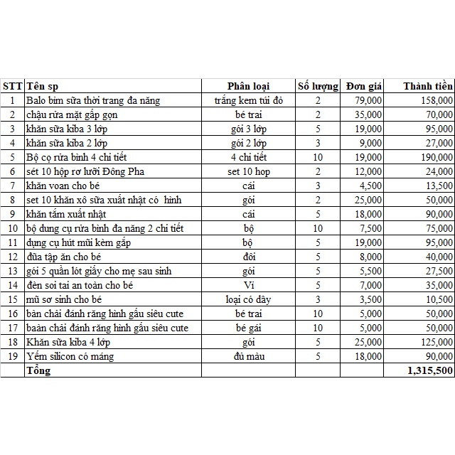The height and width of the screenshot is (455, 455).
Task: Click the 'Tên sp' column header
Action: pos(43,86)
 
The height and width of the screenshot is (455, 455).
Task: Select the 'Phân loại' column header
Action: pos(248,86)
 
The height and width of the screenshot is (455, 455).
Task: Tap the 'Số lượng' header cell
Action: pos(318,86)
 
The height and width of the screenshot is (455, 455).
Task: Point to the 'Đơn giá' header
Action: pos(364,86)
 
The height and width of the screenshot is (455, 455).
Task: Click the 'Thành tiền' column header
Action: pos(427,86)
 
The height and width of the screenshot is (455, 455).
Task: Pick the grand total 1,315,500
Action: pos(430,370)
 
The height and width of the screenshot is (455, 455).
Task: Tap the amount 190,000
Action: pos(435,157)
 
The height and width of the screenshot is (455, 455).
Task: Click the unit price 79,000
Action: pos(368,100)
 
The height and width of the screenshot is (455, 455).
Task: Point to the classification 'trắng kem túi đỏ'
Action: pos(248,100)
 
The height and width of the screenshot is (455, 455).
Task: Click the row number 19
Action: pos(12,356)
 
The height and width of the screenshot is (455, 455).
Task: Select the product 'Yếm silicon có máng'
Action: pos(70,356)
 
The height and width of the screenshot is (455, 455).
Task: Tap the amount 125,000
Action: pos(435,342)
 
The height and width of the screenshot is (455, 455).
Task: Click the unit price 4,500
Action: pos(370,186)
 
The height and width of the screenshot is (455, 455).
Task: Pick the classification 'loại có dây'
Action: pos(248,299)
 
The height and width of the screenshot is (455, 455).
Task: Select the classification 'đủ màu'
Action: pos(248,356)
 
